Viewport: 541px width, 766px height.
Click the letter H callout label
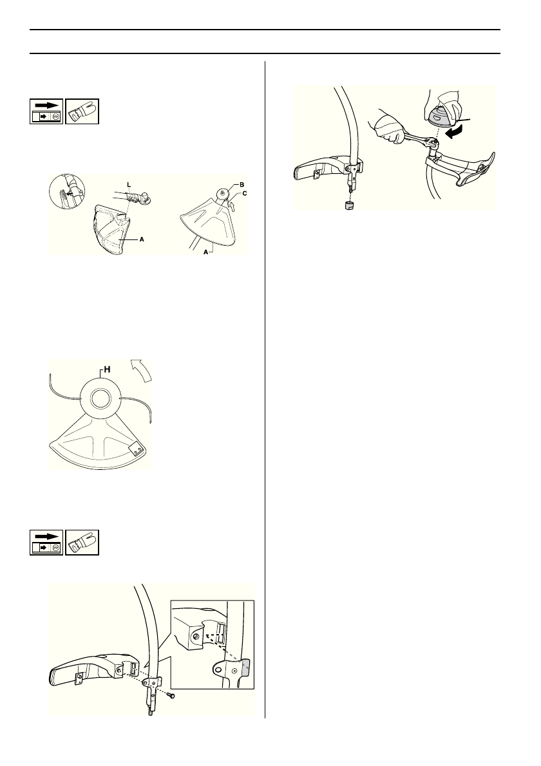[106, 370]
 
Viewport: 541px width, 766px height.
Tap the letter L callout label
[129, 185]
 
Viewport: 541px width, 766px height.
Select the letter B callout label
[241, 185]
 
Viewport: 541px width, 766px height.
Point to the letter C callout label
[244, 194]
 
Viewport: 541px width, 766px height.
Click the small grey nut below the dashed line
[348, 204]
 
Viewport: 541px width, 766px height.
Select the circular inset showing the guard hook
[68, 192]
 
